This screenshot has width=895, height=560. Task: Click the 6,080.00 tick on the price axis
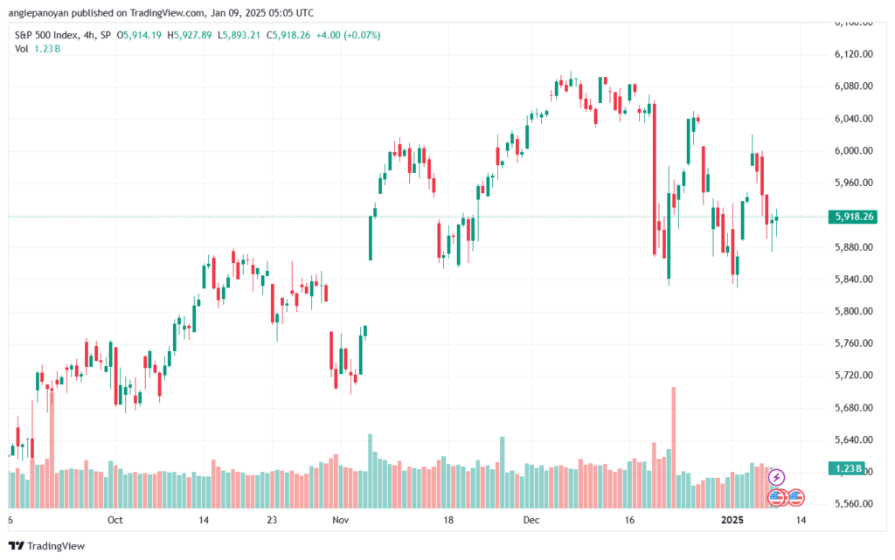coord(853,86)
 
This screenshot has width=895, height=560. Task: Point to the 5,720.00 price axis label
coord(853,376)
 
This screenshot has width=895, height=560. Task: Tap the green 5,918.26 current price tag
coord(853,217)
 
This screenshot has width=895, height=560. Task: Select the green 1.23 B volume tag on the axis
coord(847,468)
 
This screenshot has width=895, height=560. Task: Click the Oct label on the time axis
coord(114,520)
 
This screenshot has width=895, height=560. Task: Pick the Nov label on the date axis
coord(340,520)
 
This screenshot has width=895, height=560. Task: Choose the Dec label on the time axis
coord(531,520)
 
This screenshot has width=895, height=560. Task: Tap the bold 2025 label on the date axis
coord(732,520)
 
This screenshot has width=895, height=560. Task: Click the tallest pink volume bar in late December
coord(674,447)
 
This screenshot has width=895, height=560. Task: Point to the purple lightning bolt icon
coord(776,477)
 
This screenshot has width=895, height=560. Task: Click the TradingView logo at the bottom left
coord(47,546)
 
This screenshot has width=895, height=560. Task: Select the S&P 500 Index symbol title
coord(46,35)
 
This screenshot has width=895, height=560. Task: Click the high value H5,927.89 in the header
coord(190,35)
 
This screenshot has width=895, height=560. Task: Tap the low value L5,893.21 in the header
coord(239,35)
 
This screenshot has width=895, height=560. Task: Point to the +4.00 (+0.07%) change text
coord(348,35)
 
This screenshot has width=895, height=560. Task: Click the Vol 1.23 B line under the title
coord(38,49)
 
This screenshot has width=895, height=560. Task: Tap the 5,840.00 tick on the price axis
coord(853,279)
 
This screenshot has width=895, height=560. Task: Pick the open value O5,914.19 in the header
coord(139,35)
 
